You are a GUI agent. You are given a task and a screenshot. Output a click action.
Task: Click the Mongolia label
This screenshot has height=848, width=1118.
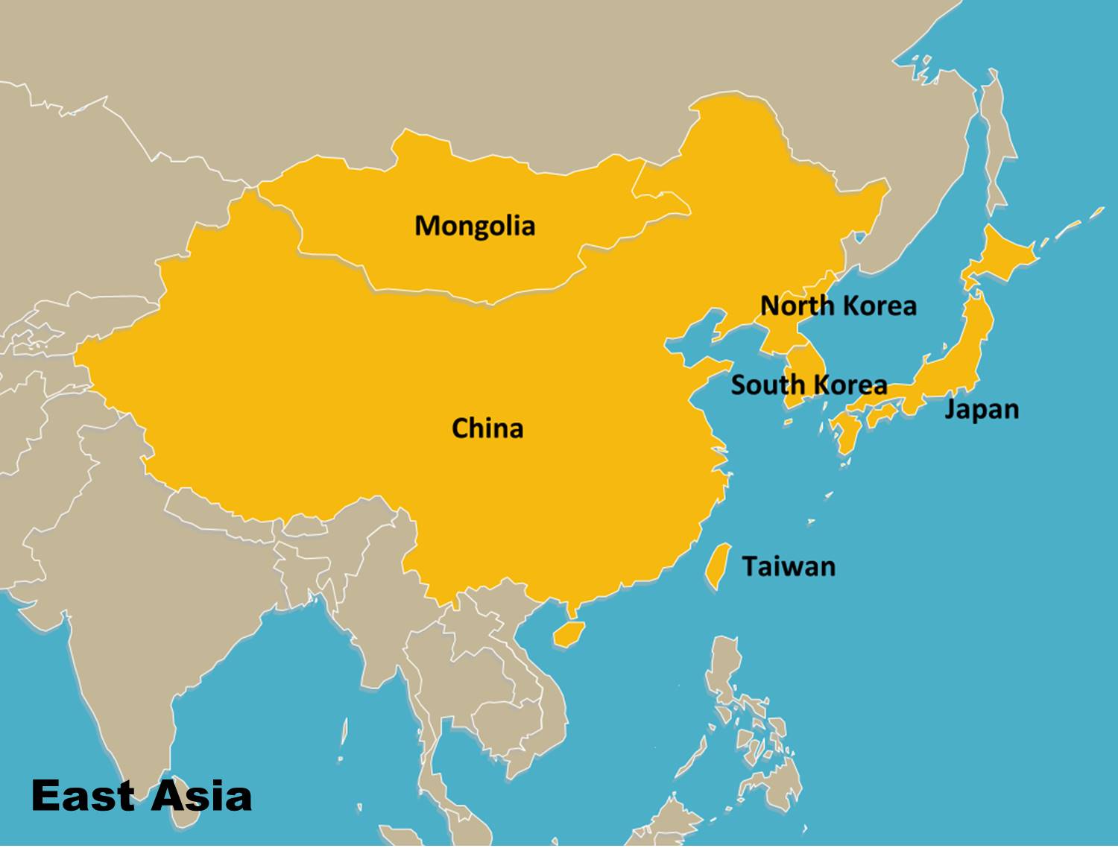click(475, 226)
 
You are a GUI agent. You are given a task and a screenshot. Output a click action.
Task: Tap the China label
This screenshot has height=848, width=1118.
click(487, 428)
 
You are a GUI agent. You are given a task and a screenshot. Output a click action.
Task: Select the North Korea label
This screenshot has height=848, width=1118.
click(838, 306)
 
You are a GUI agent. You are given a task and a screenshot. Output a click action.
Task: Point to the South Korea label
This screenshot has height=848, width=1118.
click(809, 385)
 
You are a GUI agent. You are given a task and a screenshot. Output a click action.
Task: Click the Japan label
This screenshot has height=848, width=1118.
click(982, 409)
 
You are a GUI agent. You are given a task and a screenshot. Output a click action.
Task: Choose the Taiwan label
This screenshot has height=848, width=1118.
click(789, 566)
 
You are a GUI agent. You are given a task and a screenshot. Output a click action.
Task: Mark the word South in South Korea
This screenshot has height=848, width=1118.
click(768, 385)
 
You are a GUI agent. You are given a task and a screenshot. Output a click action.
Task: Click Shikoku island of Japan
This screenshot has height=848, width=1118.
click(882, 414)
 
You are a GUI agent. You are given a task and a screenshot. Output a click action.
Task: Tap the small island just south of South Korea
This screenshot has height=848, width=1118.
click(789, 423)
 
